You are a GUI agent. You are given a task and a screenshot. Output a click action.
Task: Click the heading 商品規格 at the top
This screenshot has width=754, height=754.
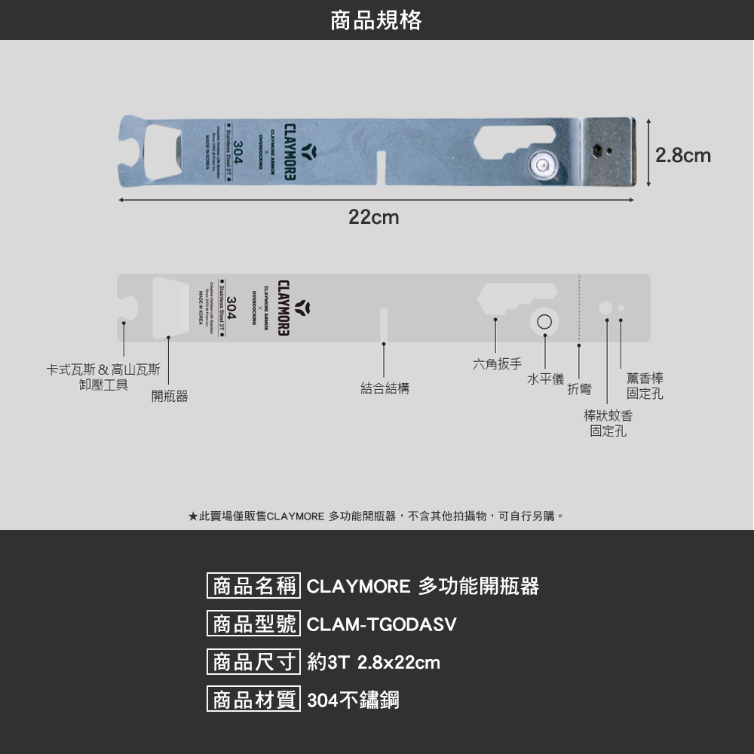point(376,20)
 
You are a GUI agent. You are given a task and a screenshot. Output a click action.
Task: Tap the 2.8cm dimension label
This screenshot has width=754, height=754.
point(682,156)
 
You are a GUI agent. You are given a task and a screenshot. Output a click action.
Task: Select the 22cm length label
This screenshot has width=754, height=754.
point(373,218)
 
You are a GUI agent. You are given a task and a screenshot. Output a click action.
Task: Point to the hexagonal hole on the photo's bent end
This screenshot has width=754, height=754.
point(597,150)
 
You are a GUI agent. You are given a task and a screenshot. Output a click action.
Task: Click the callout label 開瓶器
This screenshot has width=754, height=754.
point(169,396)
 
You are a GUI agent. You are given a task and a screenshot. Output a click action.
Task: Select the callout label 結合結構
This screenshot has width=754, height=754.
point(385,388)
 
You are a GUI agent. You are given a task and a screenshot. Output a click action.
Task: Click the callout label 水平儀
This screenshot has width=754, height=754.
point(545,379)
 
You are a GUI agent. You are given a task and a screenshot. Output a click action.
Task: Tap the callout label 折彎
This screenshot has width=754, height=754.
point(579,389)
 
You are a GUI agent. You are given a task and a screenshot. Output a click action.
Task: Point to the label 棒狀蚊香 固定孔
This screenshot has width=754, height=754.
point(608,423)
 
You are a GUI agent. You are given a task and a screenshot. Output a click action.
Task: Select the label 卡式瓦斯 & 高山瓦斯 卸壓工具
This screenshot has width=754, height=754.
point(103,377)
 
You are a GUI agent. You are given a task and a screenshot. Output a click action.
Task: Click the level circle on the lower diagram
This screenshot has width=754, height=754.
point(544,323)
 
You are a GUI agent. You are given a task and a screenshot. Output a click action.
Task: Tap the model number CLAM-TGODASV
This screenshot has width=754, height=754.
point(382,625)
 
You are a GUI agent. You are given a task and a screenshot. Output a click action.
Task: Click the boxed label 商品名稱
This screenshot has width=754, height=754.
point(253,587)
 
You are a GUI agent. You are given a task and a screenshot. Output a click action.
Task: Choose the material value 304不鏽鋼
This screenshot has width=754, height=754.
point(353,700)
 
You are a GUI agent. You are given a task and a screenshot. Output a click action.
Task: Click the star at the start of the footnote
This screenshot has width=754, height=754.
point(193,516)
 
